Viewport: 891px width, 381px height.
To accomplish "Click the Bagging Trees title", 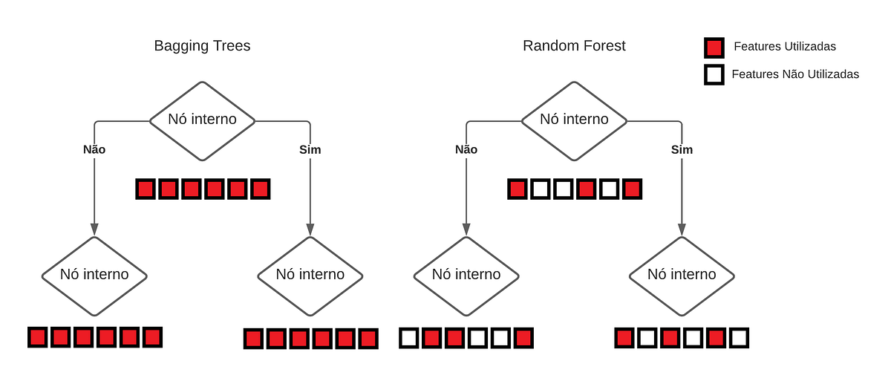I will click(x=202, y=46).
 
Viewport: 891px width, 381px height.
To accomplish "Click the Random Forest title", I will click(x=574, y=46).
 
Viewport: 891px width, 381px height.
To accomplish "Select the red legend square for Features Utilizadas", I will click(x=714, y=48).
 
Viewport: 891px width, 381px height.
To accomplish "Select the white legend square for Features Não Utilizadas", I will click(x=714, y=75).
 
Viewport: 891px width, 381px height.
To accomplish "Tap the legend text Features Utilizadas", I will click(x=785, y=47).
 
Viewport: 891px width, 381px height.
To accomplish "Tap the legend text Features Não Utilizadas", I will click(x=795, y=74).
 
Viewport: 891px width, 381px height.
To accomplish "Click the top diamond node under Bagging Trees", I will click(x=203, y=120).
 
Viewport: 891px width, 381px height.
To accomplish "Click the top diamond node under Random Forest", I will click(x=574, y=120).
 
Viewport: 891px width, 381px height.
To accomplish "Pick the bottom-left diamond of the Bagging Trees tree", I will click(x=94, y=275).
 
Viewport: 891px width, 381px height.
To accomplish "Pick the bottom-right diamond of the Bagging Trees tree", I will click(x=310, y=275).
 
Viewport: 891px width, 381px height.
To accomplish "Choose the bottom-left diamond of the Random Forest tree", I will click(x=466, y=275).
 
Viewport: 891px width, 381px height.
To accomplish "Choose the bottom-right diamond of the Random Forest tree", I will click(x=682, y=275).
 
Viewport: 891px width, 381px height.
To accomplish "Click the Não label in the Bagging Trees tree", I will click(x=94, y=149).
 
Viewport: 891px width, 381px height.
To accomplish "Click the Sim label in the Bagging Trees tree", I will click(x=310, y=149).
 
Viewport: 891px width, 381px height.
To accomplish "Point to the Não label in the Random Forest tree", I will click(x=466, y=149).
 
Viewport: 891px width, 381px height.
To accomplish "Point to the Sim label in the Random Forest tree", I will click(x=682, y=149).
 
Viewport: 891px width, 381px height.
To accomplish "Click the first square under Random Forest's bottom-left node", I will click(x=409, y=339).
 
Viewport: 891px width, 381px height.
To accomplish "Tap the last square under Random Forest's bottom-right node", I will click(x=738, y=339).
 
